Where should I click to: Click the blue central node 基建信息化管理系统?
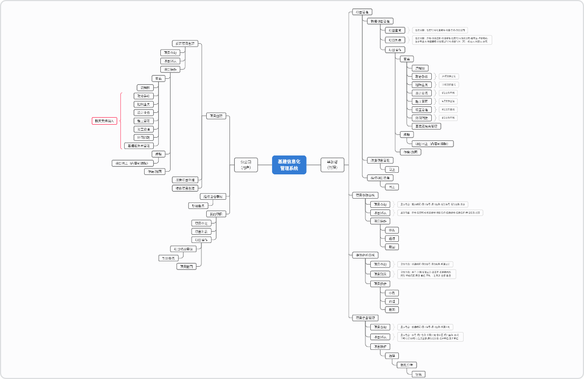pos(289,165)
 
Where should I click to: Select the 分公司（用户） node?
pos(246,165)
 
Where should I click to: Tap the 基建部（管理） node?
pos(332,165)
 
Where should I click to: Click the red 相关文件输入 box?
pos(104,121)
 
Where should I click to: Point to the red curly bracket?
pos(121,121)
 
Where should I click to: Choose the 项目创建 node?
pos(216,116)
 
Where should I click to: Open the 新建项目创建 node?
pos(185,43)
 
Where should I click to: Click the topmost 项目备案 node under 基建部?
pos(362,12)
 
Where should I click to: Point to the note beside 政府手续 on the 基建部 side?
pos(448,77)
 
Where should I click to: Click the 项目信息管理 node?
pos(365,318)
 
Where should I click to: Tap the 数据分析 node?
pos(407,365)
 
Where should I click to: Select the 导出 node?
pos(418,374)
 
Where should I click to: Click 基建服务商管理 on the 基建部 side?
pos(426,126)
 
